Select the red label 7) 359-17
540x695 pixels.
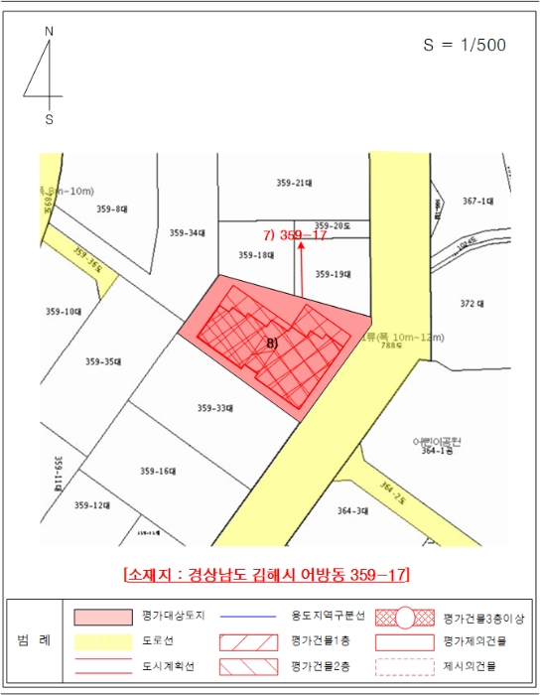[x=296, y=235]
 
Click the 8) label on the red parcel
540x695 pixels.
[x=272, y=342]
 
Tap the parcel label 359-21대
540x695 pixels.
[x=295, y=183]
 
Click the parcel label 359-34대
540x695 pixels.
[x=187, y=233]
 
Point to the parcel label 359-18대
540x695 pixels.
[x=256, y=255]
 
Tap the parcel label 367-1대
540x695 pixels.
[x=477, y=201]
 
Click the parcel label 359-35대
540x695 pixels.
[x=102, y=361]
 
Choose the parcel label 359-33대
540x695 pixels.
[x=214, y=408]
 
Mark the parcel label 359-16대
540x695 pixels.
[x=157, y=471]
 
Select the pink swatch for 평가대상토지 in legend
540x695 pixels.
[x=103, y=617]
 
